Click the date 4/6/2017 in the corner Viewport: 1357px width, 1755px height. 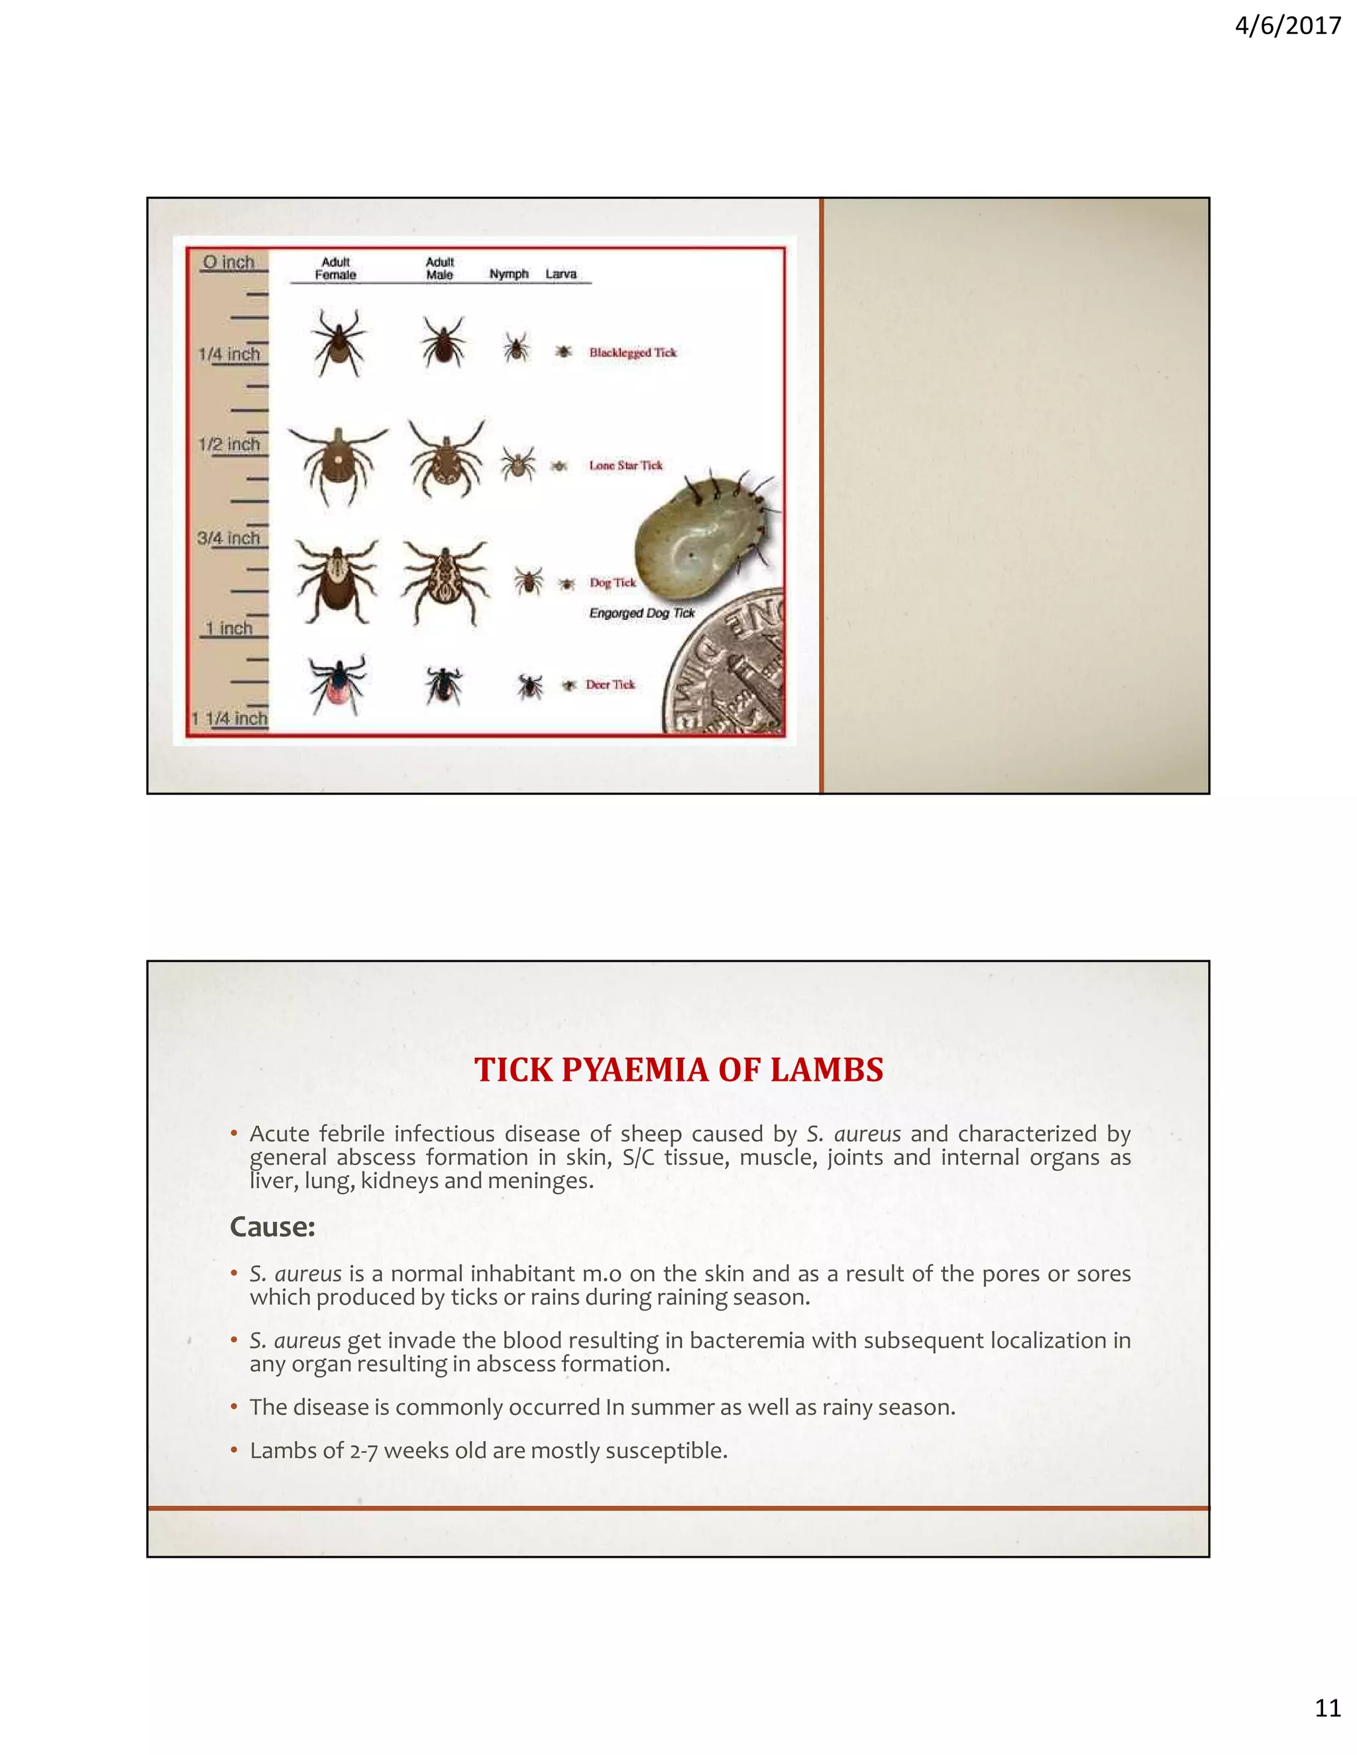click(1287, 26)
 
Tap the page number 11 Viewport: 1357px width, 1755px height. click(1327, 1729)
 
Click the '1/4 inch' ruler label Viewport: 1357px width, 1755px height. click(230, 354)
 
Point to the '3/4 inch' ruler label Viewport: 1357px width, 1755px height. click(229, 538)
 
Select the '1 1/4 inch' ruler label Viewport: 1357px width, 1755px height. click(229, 718)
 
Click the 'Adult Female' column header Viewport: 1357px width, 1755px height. click(335, 268)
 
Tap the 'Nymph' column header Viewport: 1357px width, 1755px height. click(509, 274)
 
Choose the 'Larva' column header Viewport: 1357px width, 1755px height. click(561, 274)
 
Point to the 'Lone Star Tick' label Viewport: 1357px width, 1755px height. click(625, 466)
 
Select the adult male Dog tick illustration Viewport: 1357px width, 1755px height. click(445, 579)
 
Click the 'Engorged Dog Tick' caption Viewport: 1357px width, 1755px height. click(641, 613)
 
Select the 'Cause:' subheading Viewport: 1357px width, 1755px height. click(272, 1227)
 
